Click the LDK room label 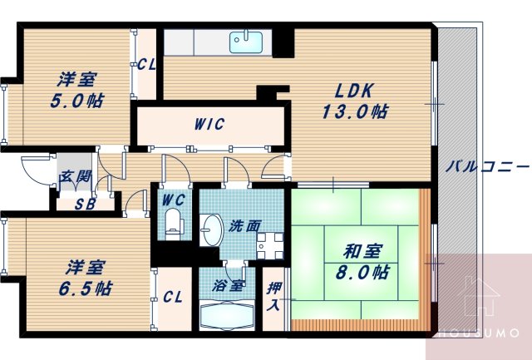356,91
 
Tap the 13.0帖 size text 357,111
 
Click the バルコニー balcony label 487,165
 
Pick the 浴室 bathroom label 225,285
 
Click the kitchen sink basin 245,41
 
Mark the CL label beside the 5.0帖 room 147,64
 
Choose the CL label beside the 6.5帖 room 173,295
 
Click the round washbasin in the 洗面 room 211,227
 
